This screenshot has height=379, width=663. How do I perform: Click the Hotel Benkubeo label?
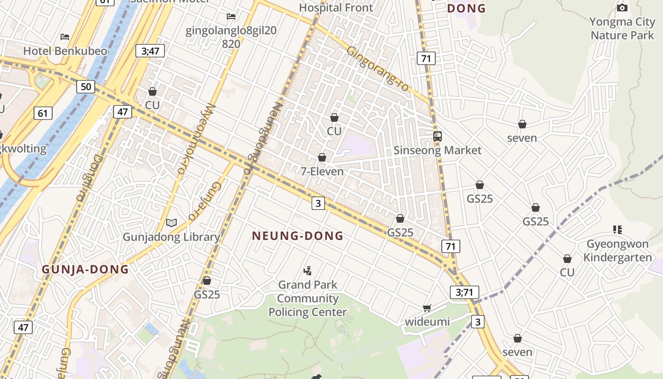(x=65, y=51)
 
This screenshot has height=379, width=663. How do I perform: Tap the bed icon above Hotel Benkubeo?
(x=65, y=37)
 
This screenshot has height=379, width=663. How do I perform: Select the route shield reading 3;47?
(x=150, y=51)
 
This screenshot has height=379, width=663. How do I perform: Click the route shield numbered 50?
(x=86, y=87)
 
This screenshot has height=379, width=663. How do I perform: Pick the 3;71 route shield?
(x=464, y=292)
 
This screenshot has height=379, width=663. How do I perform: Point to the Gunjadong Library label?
(x=171, y=237)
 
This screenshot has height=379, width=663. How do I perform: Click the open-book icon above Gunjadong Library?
(x=171, y=223)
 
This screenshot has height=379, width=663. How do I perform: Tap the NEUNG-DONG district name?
(x=297, y=235)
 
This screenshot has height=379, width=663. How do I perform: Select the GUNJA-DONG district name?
(x=85, y=270)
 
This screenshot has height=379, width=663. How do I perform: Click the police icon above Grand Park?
(x=308, y=271)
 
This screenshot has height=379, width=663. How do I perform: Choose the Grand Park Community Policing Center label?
(x=308, y=298)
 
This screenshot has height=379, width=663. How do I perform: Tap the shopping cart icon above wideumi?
(x=427, y=308)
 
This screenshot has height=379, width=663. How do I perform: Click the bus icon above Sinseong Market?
(x=438, y=136)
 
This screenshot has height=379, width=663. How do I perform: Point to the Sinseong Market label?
(x=438, y=151)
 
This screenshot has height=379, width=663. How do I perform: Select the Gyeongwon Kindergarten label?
(x=618, y=251)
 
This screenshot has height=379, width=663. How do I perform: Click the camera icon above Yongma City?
(x=622, y=8)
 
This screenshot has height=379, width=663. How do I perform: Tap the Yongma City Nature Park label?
(x=622, y=28)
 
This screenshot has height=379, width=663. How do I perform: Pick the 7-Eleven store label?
(x=322, y=171)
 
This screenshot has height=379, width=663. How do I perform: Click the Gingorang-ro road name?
(x=377, y=66)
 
